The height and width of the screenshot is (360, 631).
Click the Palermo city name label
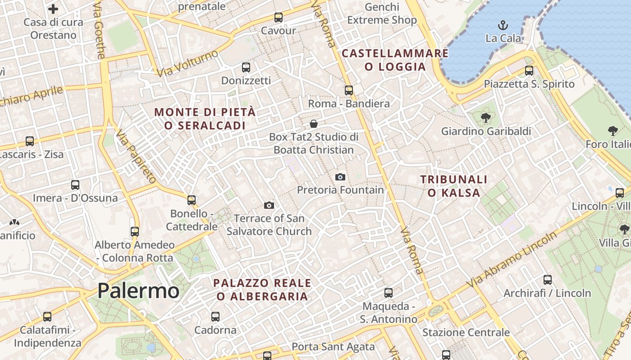138,291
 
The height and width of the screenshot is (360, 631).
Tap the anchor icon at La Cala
503,25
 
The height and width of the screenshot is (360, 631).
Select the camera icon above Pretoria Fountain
340,177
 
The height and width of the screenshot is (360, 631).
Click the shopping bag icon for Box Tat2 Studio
314,123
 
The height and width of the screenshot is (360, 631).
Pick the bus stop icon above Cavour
279,18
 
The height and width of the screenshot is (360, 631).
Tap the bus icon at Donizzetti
246,67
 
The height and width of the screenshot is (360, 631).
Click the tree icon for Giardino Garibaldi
486,118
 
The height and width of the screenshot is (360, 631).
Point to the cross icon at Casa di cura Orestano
53,9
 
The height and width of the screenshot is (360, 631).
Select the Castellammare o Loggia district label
395,60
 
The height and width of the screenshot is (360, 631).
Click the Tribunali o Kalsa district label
454,186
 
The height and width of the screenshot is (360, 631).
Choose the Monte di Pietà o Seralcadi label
205,119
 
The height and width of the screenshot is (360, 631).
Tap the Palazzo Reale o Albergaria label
262,289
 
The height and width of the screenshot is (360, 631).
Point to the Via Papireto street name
136,156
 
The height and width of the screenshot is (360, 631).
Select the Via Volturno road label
187,63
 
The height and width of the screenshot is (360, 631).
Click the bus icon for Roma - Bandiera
349,90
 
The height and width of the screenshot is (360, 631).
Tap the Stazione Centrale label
466,333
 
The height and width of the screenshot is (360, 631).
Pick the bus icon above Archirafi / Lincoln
548,279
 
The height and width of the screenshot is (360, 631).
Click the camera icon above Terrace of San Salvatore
269,206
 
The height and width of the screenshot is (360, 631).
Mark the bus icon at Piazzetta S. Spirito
529,71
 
